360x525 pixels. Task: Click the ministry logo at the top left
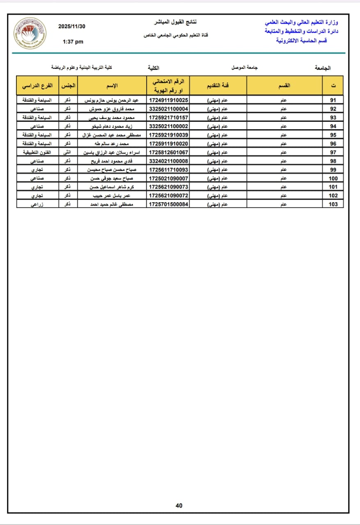30,33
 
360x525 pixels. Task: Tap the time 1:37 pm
73,41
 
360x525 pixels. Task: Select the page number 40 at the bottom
179,506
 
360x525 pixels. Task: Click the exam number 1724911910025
169,100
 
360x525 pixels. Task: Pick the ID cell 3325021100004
169,109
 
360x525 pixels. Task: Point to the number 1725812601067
169,152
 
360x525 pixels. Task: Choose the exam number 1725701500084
169,204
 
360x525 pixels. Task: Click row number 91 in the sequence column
333,100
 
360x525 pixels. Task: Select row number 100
333,178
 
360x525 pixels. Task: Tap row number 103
333,204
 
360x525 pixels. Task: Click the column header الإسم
112,85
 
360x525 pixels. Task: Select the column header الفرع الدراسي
38,85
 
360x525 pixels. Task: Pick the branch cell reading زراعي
38,204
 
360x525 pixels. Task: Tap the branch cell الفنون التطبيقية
38,152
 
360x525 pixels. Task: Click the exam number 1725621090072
169,195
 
